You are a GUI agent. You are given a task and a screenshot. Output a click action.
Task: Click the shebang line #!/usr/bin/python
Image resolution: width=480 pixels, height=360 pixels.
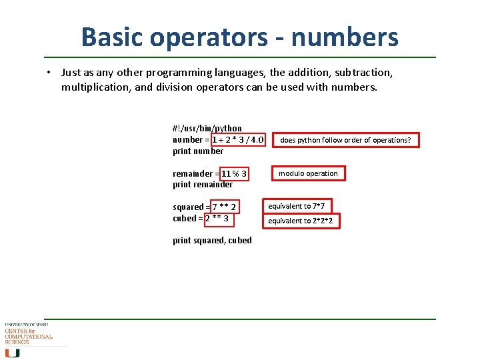[x=207, y=128]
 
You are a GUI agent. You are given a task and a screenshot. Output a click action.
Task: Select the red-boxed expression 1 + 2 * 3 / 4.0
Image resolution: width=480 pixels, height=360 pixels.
[x=238, y=140]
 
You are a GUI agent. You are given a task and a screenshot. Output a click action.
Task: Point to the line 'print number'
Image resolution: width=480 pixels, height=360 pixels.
[x=198, y=151]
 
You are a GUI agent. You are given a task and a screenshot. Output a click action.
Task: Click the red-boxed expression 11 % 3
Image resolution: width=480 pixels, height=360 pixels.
[x=234, y=174]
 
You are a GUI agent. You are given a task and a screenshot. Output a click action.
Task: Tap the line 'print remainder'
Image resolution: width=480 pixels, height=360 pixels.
[x=203, y=185]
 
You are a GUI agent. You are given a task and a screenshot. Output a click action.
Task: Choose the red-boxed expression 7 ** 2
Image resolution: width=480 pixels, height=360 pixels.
[x=224, y=207]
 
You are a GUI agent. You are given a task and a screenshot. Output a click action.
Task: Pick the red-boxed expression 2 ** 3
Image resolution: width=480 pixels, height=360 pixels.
[x=217, y=219]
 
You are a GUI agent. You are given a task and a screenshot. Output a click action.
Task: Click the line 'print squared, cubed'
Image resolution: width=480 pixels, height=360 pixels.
[x=212, y=241]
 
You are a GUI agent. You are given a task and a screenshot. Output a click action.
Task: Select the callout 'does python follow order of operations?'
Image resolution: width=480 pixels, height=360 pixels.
[x=345, y=140]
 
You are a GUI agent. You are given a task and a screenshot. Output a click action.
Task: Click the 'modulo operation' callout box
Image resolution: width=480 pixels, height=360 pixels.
[x=308, y=173]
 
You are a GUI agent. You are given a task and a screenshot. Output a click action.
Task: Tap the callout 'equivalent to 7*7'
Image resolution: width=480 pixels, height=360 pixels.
[x=301, y=207]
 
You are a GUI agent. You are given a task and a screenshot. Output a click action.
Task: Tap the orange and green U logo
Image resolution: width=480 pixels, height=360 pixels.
[x=13, y=353]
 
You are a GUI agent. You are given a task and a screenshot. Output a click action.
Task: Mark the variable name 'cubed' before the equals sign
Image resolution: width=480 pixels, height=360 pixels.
[x=185, y=219]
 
